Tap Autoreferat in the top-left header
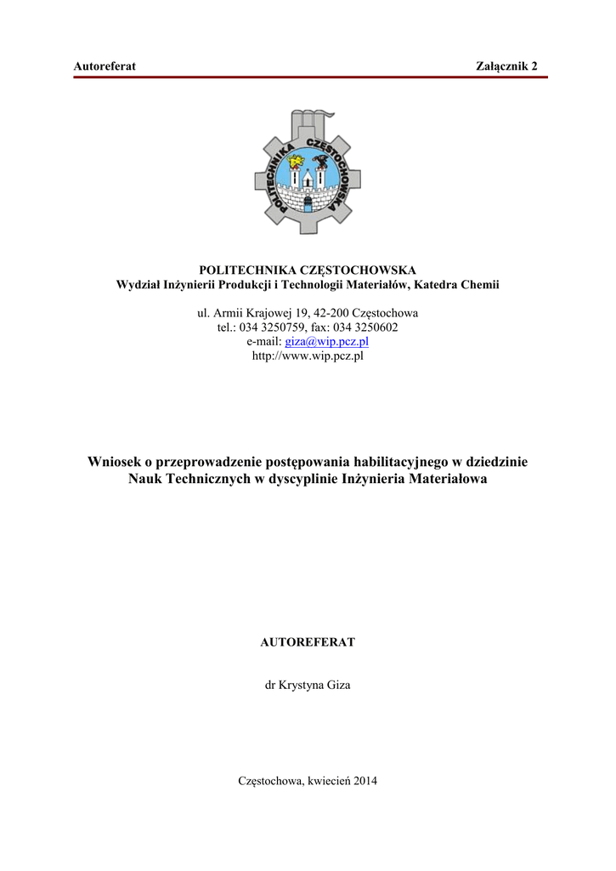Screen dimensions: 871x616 click(x=105, y=66)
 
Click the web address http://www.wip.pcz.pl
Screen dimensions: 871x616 click(x=308, y=356)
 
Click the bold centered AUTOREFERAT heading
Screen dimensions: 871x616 click(x=308, y=642)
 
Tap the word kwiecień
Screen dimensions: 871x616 click(x=327, y=780)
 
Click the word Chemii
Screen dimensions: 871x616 click(x=479, y=284)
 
